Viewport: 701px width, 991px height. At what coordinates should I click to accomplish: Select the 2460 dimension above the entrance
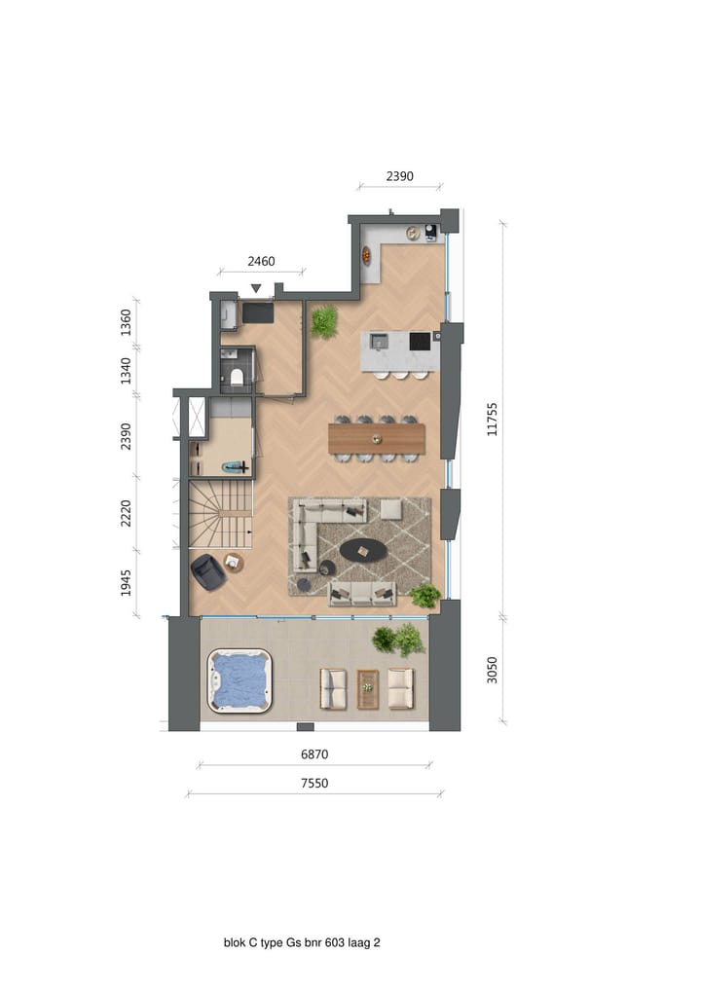point(261,262)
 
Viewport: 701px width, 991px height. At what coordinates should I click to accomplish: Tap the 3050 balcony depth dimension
point(492,670)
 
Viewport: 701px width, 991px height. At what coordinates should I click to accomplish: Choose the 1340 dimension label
point(127,370)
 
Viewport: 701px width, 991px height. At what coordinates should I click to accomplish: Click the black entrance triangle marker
point(256,288)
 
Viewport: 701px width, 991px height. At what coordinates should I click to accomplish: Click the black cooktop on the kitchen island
point(420,341)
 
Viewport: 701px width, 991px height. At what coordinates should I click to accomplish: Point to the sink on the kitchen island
point(379,341)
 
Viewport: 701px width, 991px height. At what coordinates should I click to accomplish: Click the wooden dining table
point(377,439)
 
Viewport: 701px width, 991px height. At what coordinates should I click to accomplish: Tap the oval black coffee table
point(362,551)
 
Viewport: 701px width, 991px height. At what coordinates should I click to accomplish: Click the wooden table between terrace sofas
point(368,688)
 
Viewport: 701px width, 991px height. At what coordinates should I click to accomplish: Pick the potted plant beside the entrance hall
point(324,320)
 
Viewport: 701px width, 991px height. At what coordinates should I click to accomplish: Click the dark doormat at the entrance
point(259,312)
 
